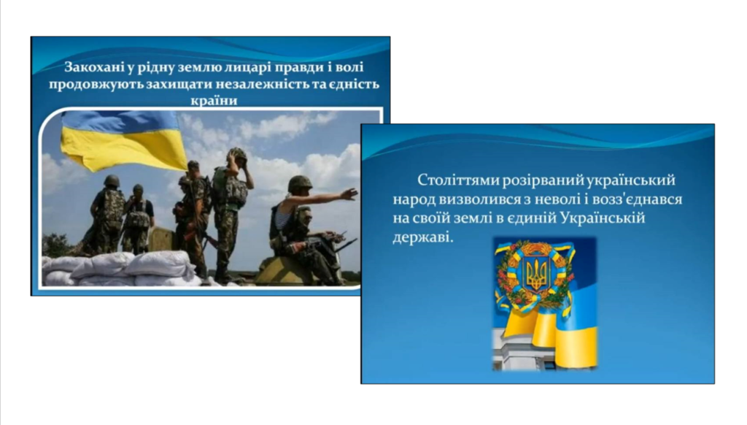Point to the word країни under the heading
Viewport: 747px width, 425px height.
(214, 100)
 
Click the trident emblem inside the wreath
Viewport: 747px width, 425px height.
(537, 275)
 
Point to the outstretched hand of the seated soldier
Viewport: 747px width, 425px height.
(349, 194)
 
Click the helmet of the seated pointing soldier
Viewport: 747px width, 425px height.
(300, 183)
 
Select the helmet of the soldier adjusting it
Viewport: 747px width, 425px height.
(237, 154)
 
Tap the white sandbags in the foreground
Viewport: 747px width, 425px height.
(119, 269)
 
